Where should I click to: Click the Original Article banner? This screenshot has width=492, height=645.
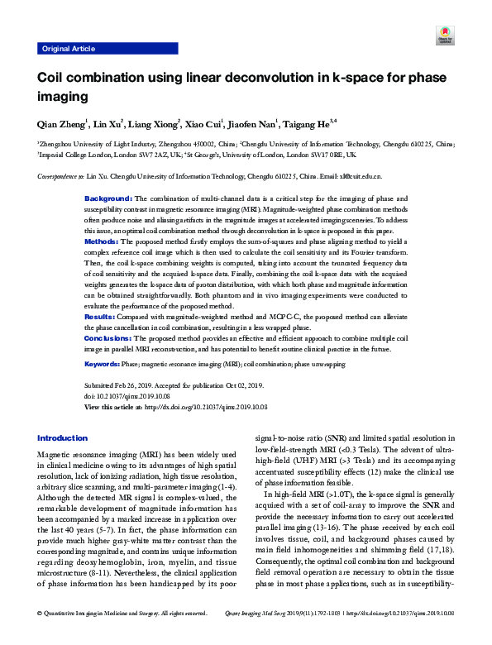click(x=68, y=49)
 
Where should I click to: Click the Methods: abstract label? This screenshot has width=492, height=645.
click(x=103, y=241)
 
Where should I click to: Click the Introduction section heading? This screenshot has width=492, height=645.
click(x=63, y=438)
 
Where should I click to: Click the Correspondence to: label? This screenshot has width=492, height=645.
click(x=62, y=177)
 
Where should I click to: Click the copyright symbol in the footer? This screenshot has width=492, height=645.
click(x=41, y=637)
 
